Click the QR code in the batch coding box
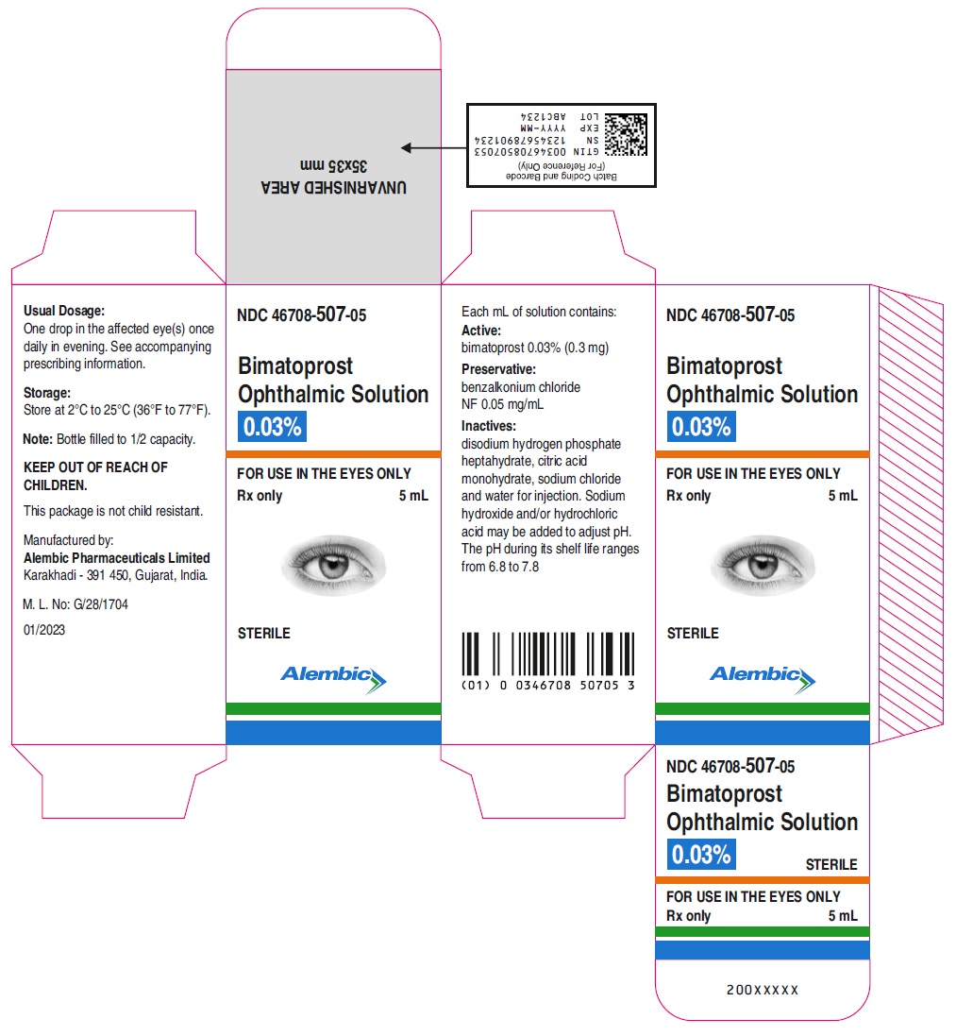pos(626,134)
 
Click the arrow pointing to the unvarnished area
pos(434,148)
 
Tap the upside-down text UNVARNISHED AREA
pos(333,188)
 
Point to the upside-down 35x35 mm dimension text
pos(333,165)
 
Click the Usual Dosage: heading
pos(64,311)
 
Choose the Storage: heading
pos(47,393)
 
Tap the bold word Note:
pos(38,439)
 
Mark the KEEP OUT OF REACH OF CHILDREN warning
pos(95,476)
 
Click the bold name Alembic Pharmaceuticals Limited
pos(117,557)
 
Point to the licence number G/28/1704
pos(101,603)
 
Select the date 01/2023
pos(44,630)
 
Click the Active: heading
pos(481,331)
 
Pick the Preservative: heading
pos(498,369)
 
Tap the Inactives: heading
pos(489,426)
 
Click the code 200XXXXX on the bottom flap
pos(763,990)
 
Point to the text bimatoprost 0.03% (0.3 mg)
pos(535,348)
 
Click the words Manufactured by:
pos(69,540)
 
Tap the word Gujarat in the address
pos(154,575)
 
